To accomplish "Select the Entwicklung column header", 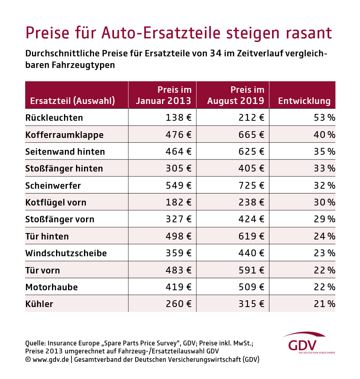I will point(304,101).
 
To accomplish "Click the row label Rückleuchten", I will point(54,118).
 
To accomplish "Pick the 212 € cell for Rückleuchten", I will point(250,118).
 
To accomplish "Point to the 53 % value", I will point(324,118).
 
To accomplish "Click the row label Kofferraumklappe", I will point(64,135).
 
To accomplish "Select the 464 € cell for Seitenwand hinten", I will point(178,152).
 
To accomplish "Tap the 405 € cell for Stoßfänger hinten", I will point(250,168).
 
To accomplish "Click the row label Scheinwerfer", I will point(53,186).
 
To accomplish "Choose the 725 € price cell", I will point(250,186).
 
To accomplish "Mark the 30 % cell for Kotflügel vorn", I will point(324,202).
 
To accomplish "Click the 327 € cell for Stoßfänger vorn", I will point(178,219).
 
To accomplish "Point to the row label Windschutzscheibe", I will point(66,253).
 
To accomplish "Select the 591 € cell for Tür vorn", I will point(250,270).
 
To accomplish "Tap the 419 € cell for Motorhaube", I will point(178,287).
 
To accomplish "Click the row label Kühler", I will point(39,304).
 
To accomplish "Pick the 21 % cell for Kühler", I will point(324,304).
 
